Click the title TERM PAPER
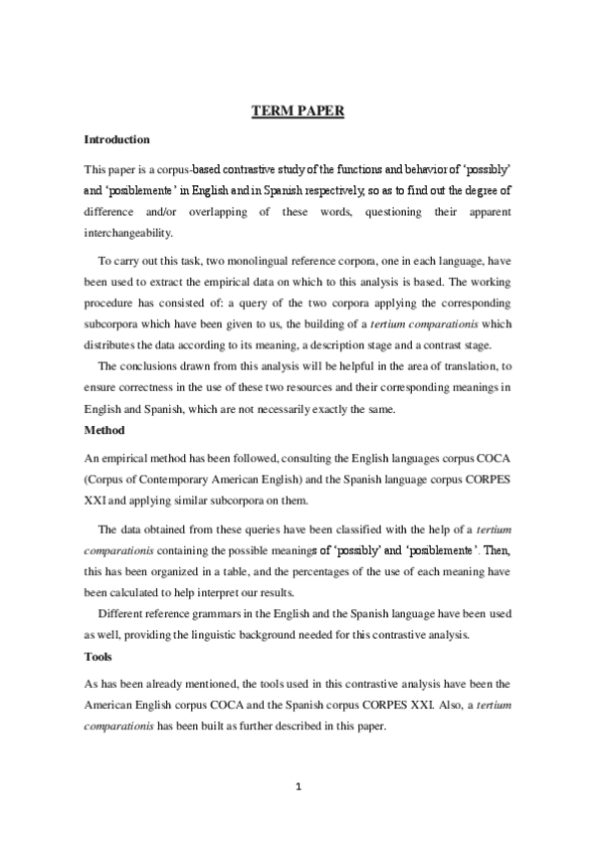(x=297, y=110)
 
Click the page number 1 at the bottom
(x=298, y=788)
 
